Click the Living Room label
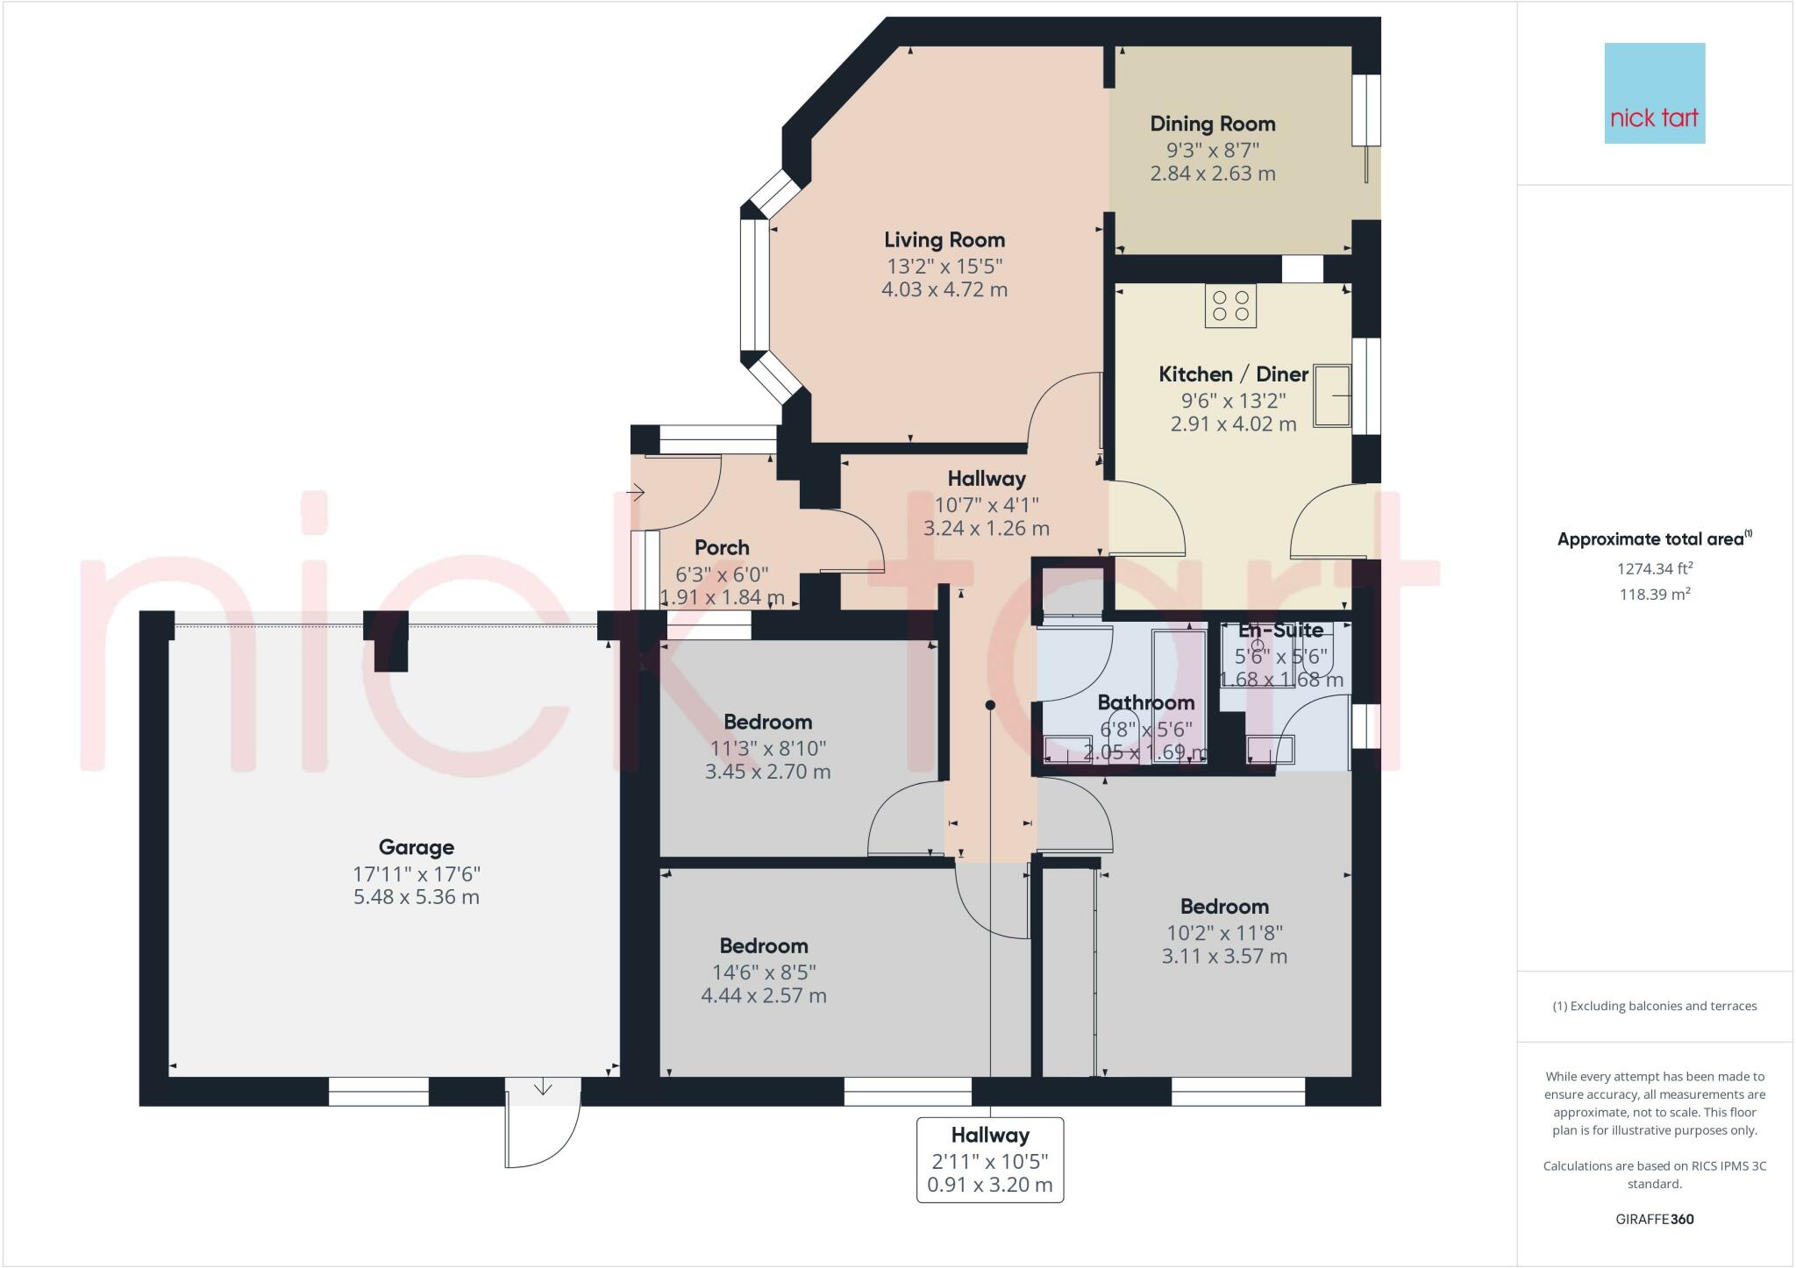click(944, 239)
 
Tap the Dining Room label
click(1213, 125)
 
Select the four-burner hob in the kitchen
click(1230, 305)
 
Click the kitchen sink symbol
click(1332, 395)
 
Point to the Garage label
click(417, 847)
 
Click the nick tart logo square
click(1655, 93)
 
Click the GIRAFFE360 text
click(1655, 1219)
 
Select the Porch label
click(722, 548)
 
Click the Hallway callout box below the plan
click(990, 1159)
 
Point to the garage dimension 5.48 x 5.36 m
click(417, 897)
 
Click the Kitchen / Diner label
click(1234, 374)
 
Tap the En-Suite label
click(1281, 630)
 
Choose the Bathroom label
click(1146, 702)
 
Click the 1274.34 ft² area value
click(1655, 568)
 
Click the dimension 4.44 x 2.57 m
click(764, 995)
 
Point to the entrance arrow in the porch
click(638, 494)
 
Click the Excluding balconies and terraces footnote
click(1655, 1006)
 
